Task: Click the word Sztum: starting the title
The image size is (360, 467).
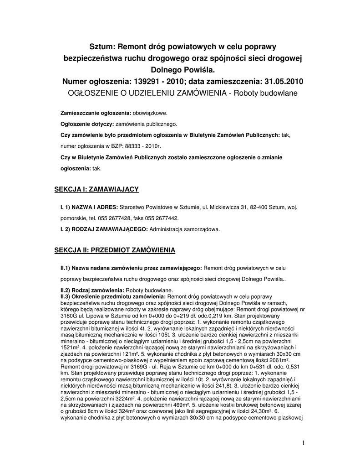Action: (x=102, y=47)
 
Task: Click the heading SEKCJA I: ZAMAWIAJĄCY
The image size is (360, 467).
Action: (x=96, y=188)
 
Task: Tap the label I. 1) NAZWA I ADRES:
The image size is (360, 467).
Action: (x=89, y=208)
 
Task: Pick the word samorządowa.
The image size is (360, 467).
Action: (x=201, y=229)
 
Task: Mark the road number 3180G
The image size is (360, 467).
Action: (x=68, y=316)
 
